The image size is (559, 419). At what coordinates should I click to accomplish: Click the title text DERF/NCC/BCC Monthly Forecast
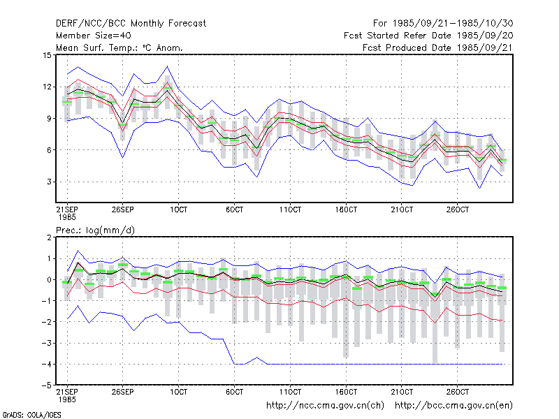131,24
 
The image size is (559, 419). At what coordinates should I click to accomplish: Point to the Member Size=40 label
94,36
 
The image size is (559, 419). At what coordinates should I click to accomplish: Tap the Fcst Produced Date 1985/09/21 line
438,47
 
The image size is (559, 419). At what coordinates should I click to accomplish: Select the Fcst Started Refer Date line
428,36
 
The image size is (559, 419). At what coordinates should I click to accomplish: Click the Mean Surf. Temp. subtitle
119,47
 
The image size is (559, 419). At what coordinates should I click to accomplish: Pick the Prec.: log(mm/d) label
95,230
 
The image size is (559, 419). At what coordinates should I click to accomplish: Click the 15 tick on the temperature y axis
47,55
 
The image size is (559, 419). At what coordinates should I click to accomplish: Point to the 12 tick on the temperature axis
47,87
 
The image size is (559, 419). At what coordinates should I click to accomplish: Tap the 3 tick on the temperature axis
49,182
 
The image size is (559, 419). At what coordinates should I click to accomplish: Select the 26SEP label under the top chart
123,209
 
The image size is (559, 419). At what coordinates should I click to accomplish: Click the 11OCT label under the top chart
290,209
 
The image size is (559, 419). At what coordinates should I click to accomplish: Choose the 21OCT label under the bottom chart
402,392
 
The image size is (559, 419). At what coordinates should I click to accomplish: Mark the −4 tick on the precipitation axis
47,364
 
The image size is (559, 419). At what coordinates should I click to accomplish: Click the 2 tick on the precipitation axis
49,237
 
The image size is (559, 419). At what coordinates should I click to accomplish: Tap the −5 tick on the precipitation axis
47,385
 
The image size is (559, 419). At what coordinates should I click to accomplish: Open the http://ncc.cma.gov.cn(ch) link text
325,406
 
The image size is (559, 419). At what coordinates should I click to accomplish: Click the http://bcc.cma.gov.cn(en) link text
453,406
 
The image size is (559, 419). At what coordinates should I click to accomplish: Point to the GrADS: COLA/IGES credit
31,415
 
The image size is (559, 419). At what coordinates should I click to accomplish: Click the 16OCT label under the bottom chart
346,392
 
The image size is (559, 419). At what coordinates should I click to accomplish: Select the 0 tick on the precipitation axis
49,280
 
